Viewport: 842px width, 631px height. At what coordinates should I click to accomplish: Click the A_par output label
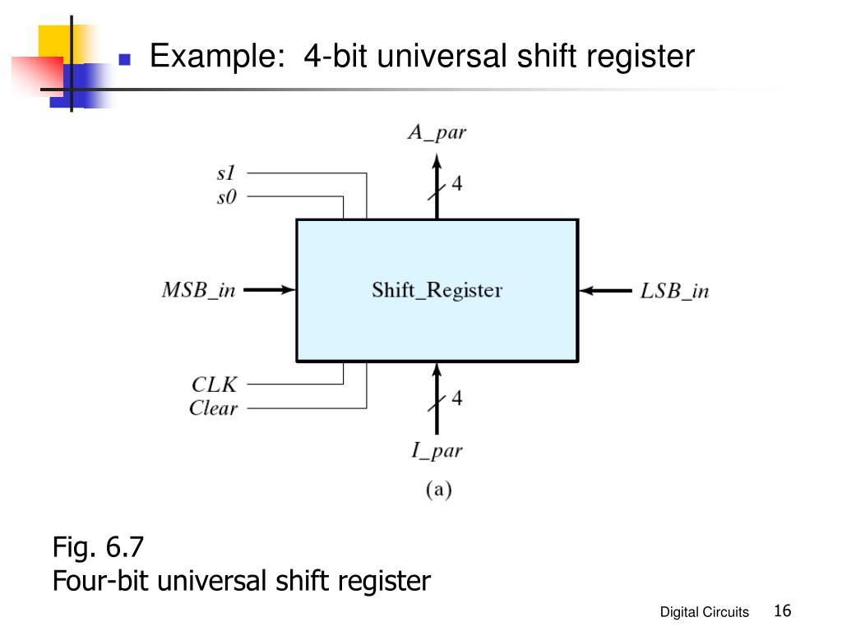pos(437,132)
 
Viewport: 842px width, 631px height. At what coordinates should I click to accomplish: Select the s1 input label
pos(226,173)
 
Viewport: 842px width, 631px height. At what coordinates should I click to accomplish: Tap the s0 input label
pos(226,197)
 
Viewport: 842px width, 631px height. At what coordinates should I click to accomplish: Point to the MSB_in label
pos(199,290)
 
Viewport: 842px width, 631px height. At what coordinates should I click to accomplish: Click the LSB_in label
pos(674,291)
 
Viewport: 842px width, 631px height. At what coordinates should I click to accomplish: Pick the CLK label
pos(214,385)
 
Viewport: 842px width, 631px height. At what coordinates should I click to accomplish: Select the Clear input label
pos(213,408)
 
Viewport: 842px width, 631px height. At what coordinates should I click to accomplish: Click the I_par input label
pos(437,450)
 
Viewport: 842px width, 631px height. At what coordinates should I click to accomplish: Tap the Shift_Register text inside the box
pos(437,290)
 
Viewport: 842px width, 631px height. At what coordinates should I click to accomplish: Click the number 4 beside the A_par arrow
pos(457,183)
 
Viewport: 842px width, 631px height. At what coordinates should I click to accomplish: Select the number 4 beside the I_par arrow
pos(457,398)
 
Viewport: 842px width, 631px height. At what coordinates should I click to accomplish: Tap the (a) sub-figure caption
pos(439,490)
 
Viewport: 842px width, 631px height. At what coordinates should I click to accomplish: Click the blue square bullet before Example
pos(125,58)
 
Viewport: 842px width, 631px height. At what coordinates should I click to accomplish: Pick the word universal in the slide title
pos(442,56)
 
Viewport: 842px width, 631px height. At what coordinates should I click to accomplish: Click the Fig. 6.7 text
pos(98,546)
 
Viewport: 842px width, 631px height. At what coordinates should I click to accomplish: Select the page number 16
pos(783,610)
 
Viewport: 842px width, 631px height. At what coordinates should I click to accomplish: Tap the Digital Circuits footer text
pos(704,611)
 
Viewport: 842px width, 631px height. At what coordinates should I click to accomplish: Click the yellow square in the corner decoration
pos(60,44)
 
